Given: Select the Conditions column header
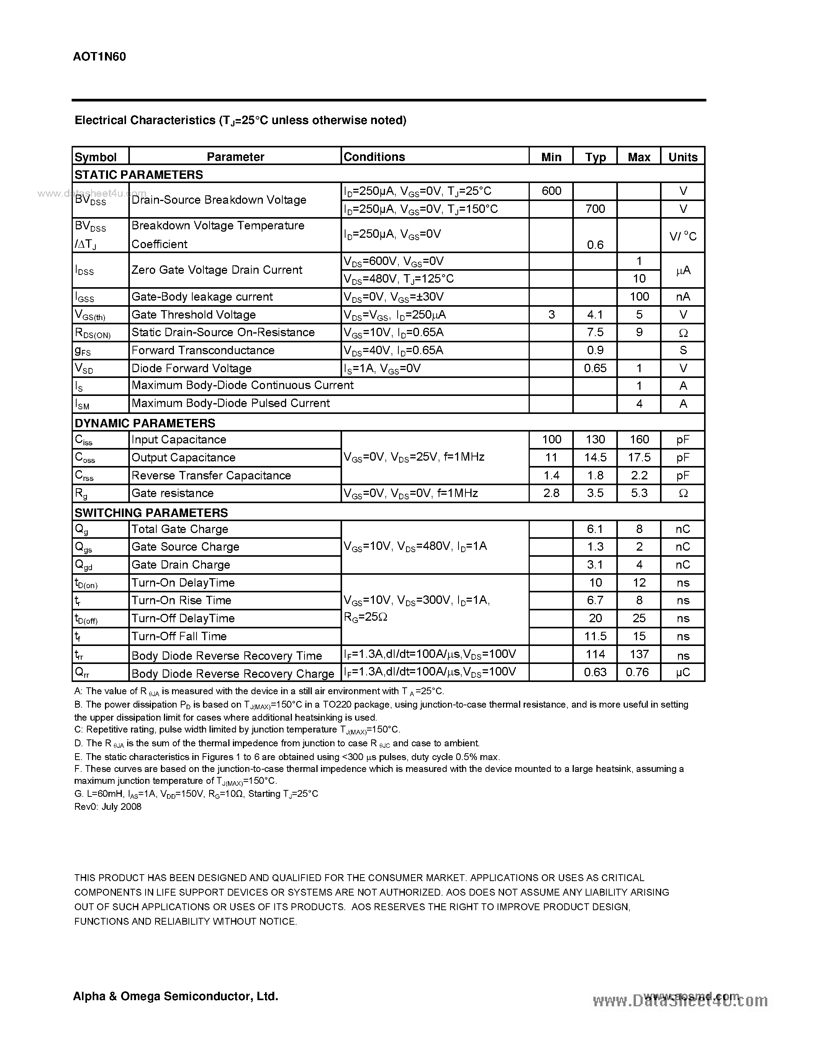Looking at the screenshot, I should click(x=374, y=157).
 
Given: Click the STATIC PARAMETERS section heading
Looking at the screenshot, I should click(x=139, y=175).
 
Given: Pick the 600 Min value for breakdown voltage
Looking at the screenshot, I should click(x=551, y=191).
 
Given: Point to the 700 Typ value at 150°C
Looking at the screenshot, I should click(x=595, y=209).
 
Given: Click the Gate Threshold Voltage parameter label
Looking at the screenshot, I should click(x=193, y=315).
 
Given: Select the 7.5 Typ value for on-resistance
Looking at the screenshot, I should click(x=595, y=332).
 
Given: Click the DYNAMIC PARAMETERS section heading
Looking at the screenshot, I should click(x=145, y=423).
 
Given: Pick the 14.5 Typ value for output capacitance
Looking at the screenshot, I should click(x=595, y=458).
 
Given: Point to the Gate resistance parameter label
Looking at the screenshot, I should click(x=172, y=493).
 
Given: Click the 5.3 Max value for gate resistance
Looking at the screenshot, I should click(x=639, y=493).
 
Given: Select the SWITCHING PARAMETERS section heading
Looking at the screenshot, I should click(x=151, y=512).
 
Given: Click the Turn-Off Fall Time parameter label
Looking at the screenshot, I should click(x=179, y=636).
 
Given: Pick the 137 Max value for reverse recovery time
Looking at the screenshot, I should click(x=639, y=654).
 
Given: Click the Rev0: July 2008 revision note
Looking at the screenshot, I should click(x=108, y=807).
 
